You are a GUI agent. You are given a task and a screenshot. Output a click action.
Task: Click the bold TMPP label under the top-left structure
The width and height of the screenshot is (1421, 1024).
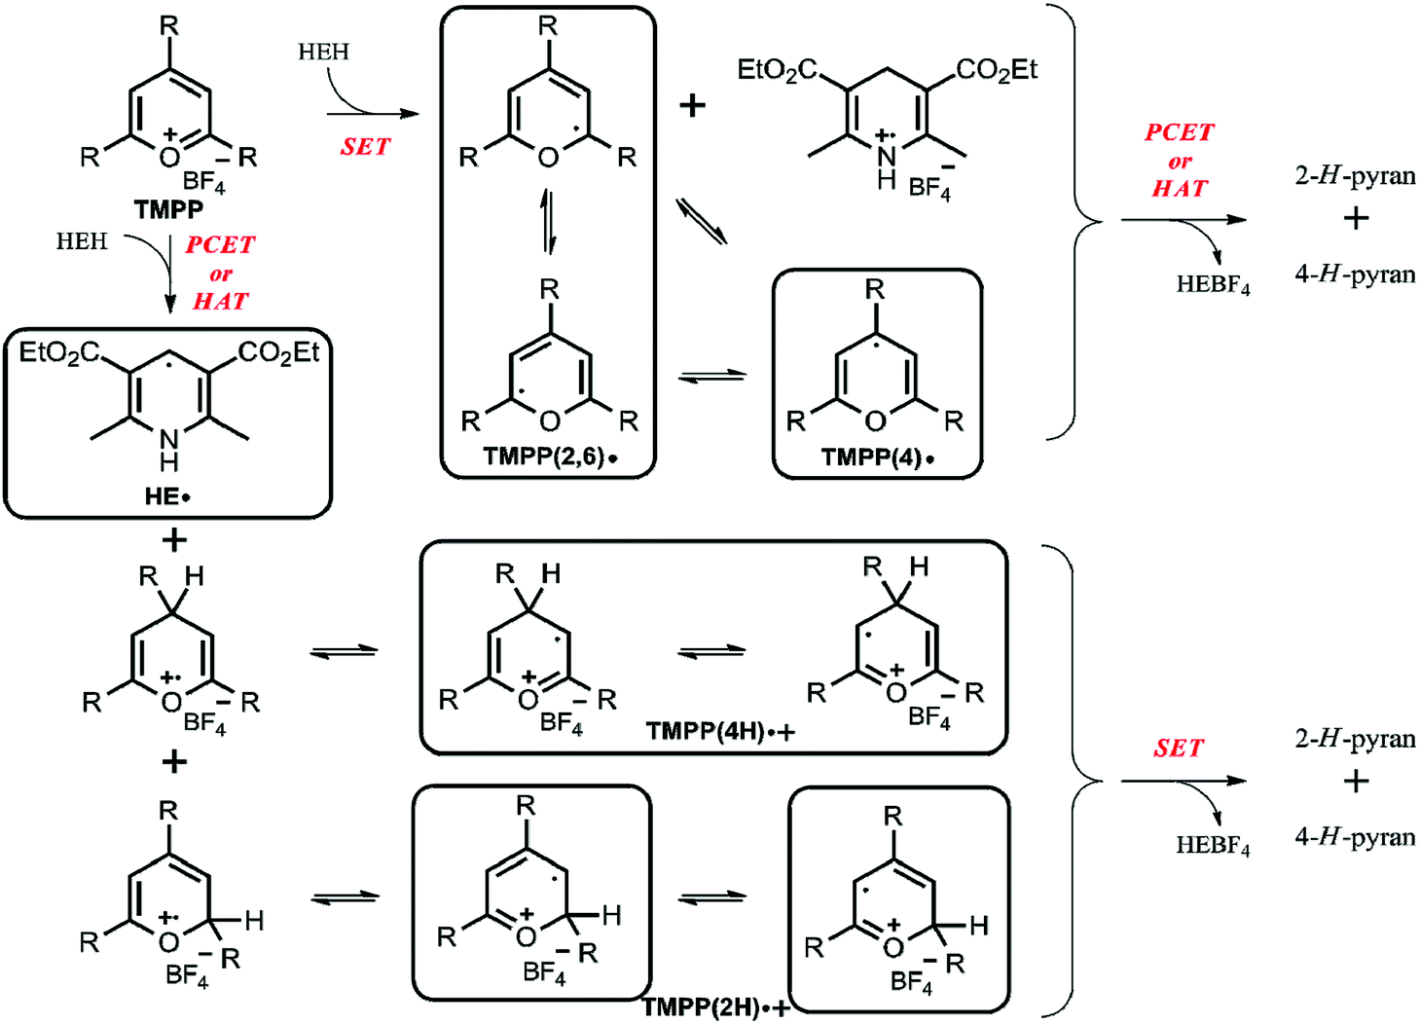click(168, 209)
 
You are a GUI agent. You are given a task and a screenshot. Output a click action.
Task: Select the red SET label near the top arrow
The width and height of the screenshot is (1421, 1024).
click(365, 147)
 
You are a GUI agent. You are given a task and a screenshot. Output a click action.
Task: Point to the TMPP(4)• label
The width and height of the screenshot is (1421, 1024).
click(877, 457)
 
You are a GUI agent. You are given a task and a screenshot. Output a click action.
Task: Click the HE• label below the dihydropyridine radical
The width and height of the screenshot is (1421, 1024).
click(167, 496)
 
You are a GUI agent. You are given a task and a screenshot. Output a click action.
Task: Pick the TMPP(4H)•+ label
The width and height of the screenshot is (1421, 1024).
click(720, 732)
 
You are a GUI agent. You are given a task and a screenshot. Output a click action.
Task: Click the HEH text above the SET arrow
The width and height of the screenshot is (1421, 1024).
click(323, 52)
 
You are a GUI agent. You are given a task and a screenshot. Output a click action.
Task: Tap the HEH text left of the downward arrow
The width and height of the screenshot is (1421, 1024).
click(82, 241)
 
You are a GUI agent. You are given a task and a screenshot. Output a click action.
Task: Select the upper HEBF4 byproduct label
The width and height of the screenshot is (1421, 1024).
click(1213, 285)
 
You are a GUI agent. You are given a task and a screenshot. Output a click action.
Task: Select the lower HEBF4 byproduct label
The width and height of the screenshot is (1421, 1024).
click(1213, 846)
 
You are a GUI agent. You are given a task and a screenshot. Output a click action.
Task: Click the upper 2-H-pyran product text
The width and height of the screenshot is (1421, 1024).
click(1355, 176)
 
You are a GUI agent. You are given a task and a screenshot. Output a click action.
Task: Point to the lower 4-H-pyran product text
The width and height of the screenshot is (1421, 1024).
click(1355, 837)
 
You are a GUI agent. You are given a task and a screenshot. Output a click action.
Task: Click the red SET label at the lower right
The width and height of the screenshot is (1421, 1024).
click(1178, 748)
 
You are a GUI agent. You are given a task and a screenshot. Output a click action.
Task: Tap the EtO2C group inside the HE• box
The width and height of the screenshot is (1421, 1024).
click(58, 352)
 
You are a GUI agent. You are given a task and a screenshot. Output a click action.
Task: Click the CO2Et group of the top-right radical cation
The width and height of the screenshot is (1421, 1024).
click(997, 70)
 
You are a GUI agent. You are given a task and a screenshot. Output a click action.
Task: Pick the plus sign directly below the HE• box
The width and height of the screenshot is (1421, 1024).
click(174, 540)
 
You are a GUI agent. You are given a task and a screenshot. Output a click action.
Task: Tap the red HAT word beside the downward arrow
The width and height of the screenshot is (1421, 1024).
click(220, 301)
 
